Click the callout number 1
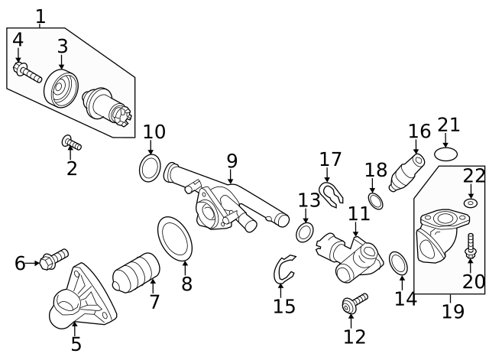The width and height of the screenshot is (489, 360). coord(40,15)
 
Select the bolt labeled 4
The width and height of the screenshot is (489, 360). coord(27,73)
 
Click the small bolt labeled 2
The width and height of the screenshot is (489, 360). coord(72,143)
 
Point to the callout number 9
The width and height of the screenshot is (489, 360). coord(232,161)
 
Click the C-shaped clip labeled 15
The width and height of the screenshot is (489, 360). coord(283,269)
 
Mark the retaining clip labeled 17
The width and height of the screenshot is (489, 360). coord(329,194)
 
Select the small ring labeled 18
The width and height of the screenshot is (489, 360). coord(375,201)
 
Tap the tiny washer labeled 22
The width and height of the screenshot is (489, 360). coord(470,204)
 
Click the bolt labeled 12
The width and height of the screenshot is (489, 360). coord(355,303)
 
